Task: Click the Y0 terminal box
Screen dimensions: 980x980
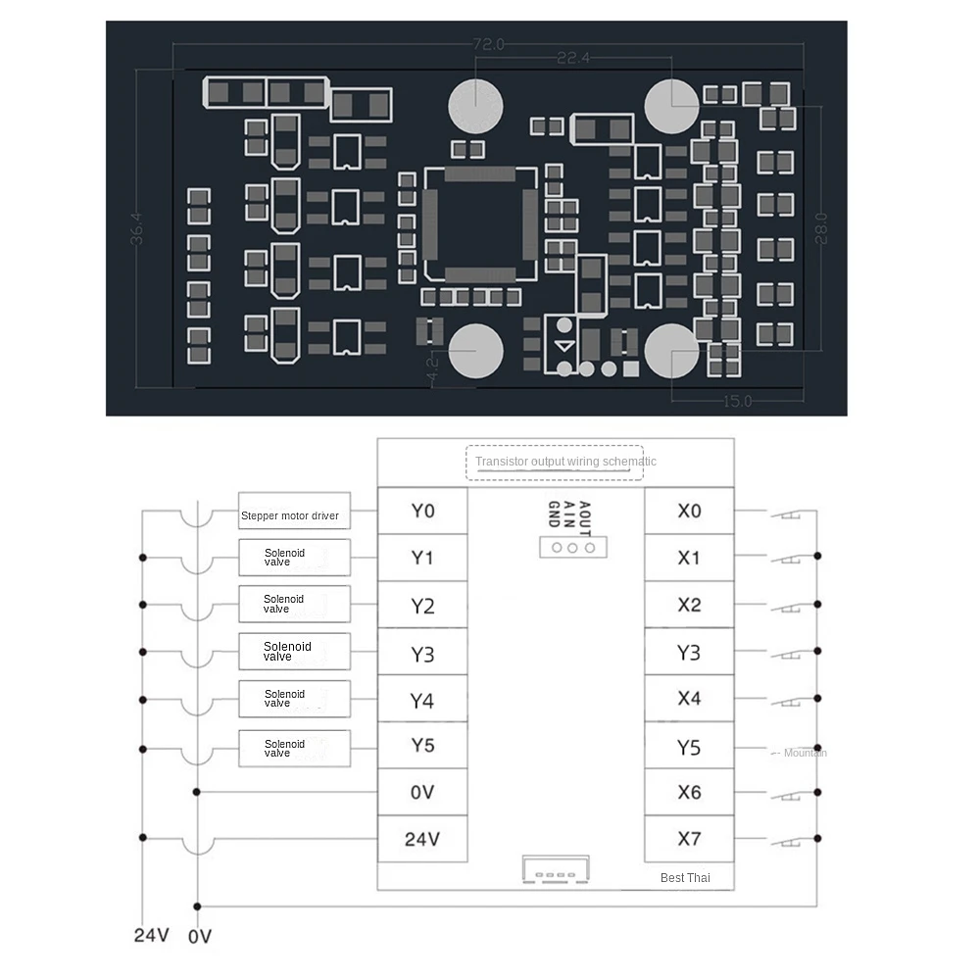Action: click(422, 511)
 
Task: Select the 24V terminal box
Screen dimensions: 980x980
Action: click(422, 839)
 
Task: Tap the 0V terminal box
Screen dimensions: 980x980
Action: click(422, 792)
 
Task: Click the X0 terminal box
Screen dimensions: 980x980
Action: click(689, 511)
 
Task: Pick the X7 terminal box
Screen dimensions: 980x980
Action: click(689, 839)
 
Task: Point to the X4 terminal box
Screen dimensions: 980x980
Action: click(689, 699)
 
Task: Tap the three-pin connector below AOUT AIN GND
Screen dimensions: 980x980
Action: click(572, 547)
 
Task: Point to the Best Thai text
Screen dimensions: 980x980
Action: click(685, 878)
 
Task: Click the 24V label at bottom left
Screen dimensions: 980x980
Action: click(151, 935)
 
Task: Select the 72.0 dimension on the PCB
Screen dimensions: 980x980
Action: click(488, 44)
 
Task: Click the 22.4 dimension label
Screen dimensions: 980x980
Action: click(572, 59)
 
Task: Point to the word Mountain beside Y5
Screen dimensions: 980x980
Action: click(805, 753)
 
